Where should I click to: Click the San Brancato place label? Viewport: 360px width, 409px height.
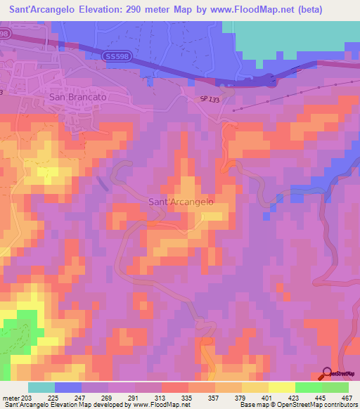coord(77,97)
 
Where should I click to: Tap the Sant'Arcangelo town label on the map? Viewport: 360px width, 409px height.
coord(181,201)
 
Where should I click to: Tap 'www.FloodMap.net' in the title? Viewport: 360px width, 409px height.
coord(236,10)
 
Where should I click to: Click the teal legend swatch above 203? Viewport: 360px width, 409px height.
coord(41,387)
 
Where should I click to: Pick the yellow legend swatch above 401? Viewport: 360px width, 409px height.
coord(282,387)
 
